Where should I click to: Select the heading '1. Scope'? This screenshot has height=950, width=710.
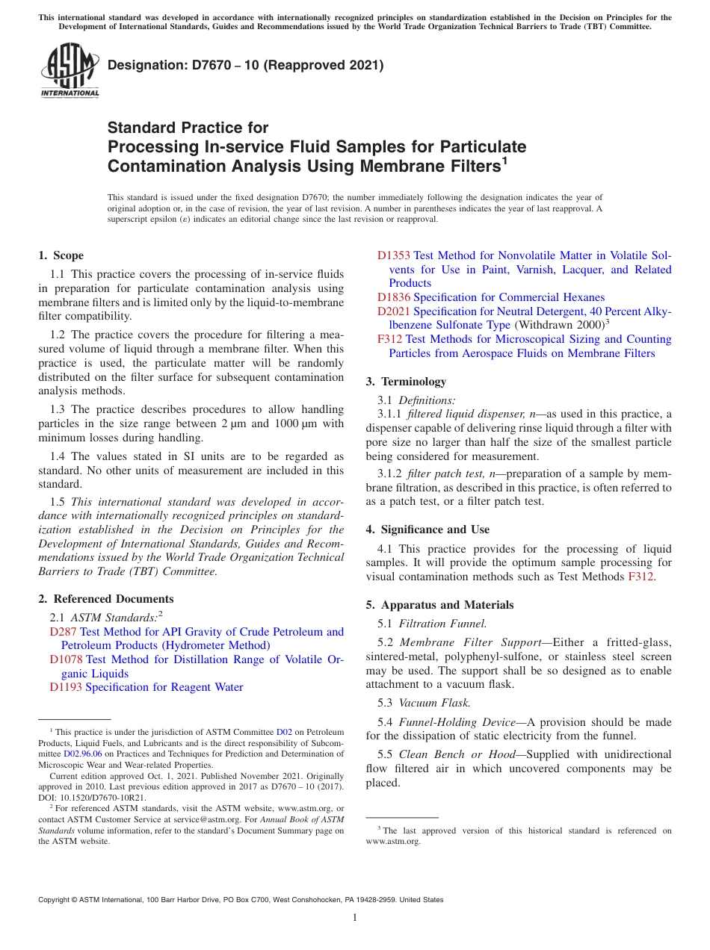[x=61, y=255]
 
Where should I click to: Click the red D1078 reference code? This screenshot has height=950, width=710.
[x=66, y=659]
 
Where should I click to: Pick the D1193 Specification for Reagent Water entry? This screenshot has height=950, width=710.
[x=146, y=687]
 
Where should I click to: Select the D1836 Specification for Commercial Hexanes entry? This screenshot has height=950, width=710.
[x=490, y=297]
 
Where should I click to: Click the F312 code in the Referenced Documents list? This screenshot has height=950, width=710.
[x=390, y=339]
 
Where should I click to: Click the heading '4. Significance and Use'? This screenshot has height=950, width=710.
[x=427, y=530]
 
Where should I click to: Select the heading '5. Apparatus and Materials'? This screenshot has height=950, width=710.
[x=439, y=605]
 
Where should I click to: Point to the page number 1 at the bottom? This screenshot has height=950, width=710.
[x=355, y=918]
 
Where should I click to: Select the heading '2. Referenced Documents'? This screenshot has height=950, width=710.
[x=106, y=599]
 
